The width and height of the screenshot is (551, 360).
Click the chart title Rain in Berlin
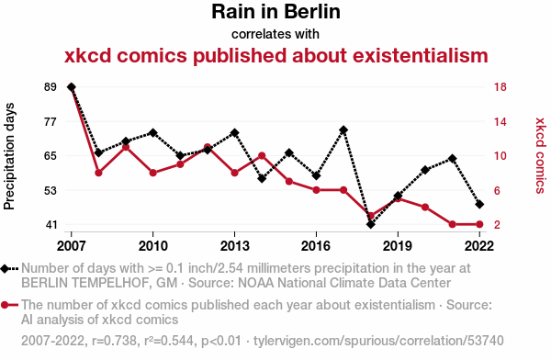(x=275, y=12)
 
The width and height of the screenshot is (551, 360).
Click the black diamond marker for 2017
(x=343, y=130)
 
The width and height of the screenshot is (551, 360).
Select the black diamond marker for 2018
(x=371, y=224)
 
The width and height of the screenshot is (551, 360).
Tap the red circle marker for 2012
(x=208, y=147)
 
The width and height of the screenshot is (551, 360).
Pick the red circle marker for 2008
(x=98, y=173)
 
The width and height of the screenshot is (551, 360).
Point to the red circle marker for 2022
(x=479, y=224)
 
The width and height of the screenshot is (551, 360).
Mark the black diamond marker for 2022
(x=479, y=204)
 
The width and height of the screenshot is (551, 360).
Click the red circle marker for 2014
(x=262, y=155)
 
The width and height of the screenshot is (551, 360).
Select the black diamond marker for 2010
(x=152, y=133)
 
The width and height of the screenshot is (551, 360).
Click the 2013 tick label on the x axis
(x=234, y=246)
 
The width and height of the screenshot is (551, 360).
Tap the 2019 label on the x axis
(x=398, y=246)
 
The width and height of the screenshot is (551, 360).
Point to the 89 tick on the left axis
(x=51, y=87)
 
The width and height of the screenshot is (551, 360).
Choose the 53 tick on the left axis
(x=51, y=190)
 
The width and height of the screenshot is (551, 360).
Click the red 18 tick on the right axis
(x=500, y=87)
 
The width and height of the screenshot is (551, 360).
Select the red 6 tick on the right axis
(x=497, y=190)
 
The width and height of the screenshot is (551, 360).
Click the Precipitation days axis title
(x=9, y=156)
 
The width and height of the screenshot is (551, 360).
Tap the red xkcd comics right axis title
(x=540, y=155)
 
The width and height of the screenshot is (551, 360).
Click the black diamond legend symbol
(x=9, y=269)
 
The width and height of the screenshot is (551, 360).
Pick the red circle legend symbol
(x=9, y=305)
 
